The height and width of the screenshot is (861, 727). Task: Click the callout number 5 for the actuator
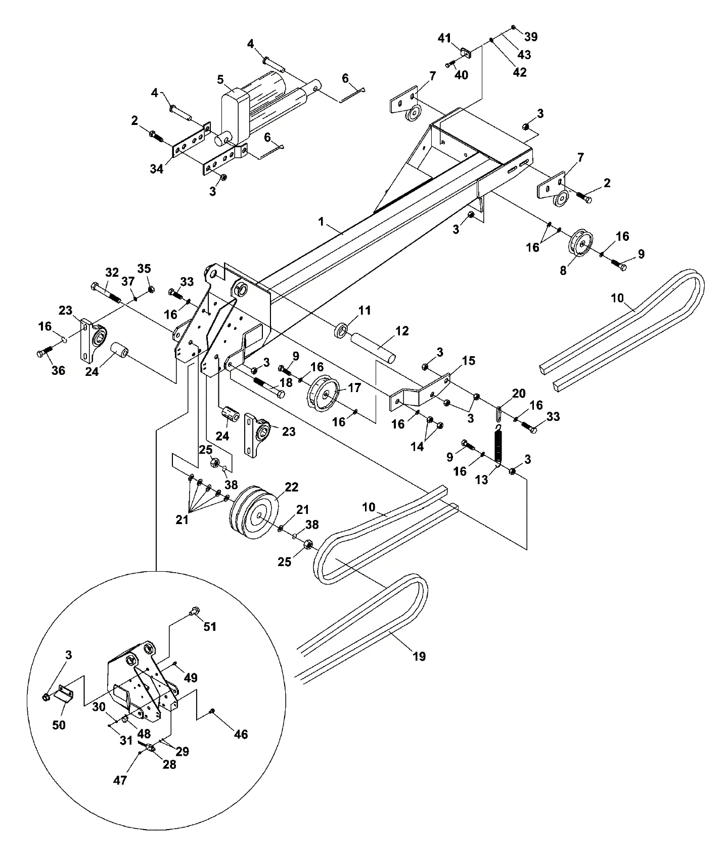220,80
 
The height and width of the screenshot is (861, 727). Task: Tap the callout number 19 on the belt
419,657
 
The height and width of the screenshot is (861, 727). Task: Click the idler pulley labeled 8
580,245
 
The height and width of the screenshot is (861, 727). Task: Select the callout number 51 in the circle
210,627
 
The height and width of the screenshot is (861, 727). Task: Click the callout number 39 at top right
531,37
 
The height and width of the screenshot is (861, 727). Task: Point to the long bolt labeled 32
106,293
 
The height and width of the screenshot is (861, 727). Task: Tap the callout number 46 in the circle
241,734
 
